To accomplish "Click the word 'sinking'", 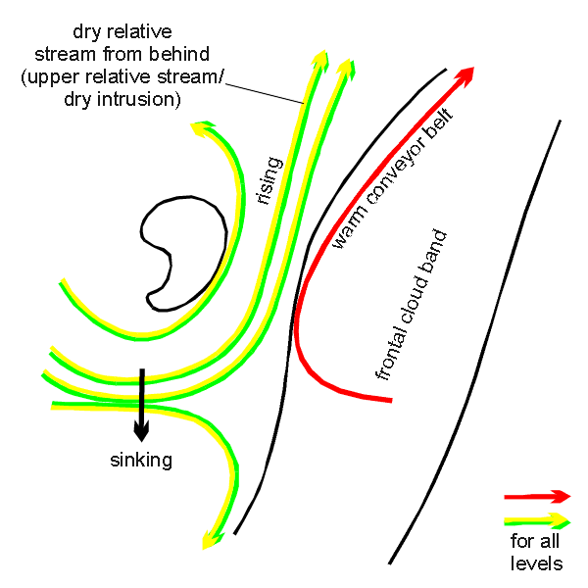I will [x=141, y=460].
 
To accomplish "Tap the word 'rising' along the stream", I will [x=269, y=180].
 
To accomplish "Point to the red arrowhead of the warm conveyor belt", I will [x=467, y=73].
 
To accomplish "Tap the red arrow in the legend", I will [x=536, y=496].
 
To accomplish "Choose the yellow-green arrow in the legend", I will [x=536, y=519].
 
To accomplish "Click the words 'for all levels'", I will [x=536, y=552].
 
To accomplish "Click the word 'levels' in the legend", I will [x=536, y=563].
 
